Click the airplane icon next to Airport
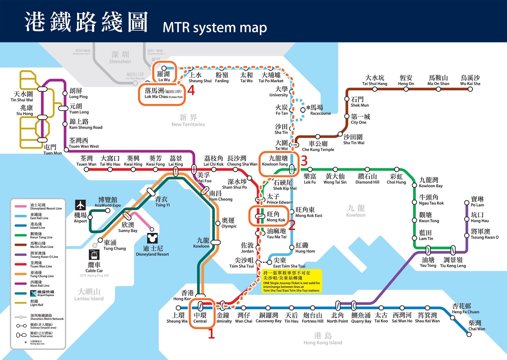[x=80, y=205]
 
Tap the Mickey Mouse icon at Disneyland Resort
[x=152, y=238]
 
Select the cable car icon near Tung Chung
[x=94, y=255]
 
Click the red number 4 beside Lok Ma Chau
[x=191, y=90]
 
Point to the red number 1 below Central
[x=211, y=334]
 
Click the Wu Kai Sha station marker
[x=470, y=89]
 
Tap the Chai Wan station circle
[x=469, y=334]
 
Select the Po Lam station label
[x=477, y=202]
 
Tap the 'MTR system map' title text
[x=215, y=28]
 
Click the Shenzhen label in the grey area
[x=120, y=57]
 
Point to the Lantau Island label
[x=89, y=295]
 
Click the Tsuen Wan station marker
[x=86, y=169]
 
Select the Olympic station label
[x=229, y=223]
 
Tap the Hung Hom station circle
[x=292, y=247]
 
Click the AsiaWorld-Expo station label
[x=108, y=202]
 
